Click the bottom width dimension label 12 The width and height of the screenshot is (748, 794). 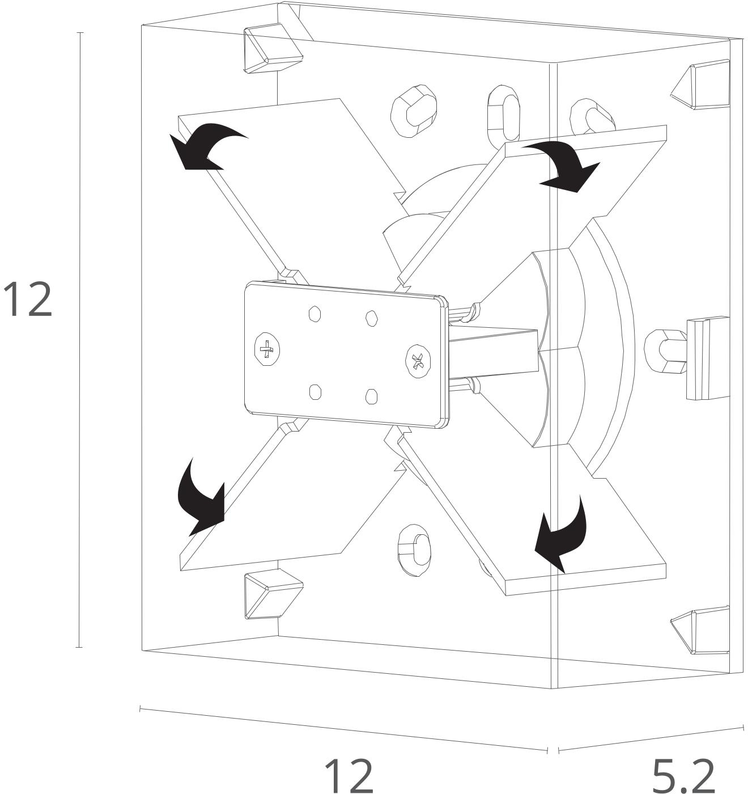[348, 774]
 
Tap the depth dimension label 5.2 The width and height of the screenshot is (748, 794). [683, 775]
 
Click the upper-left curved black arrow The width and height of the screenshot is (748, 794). [204, 145]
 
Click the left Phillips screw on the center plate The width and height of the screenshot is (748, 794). [266, 350]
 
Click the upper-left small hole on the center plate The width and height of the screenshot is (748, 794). [315, 313]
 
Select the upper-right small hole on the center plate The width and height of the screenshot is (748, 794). [371, 318]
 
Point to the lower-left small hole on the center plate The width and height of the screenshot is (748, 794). [315, 391]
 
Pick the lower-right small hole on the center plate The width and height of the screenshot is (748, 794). [371, 396]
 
